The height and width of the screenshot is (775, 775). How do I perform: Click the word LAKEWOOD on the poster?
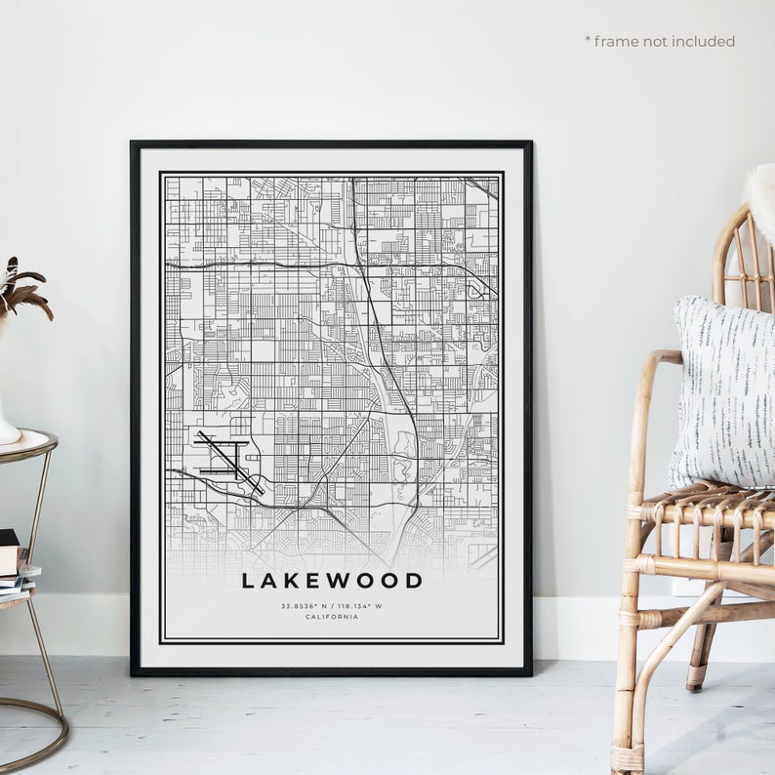[x=332, y=581]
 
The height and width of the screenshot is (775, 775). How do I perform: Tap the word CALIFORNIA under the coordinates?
[x=332, y=617]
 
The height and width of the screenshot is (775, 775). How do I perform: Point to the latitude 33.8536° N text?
[x=302, y=606]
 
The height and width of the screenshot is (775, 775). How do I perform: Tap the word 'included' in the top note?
[x=703, y=41]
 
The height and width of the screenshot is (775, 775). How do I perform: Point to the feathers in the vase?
[x=21, y=288]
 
